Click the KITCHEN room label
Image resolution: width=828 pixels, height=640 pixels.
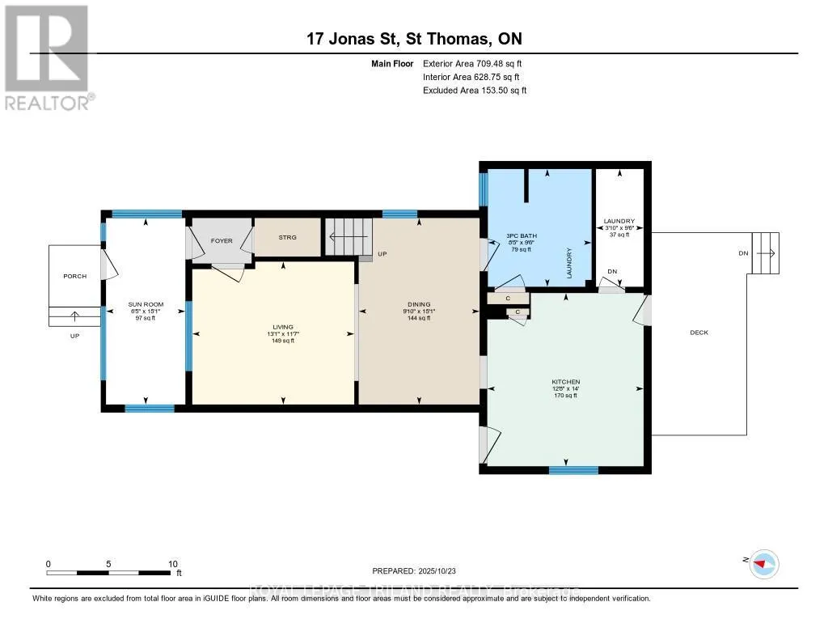(566, 382)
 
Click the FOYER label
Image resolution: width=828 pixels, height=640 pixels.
(222, 241)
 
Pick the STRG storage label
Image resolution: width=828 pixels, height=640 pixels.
(288, 238)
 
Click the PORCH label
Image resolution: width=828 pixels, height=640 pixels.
(74, 276)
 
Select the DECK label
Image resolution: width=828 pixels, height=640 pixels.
(699, 333)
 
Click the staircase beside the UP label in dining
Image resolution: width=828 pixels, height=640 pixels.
(344, 238)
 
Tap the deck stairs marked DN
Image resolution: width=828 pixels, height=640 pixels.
(765, 252)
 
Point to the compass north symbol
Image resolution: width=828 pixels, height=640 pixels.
(763, 563)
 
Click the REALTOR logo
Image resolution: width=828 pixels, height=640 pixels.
(49, 57)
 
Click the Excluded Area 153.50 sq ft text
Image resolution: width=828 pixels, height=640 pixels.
(475, 91)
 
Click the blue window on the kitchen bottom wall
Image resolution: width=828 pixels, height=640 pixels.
(573, 469)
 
